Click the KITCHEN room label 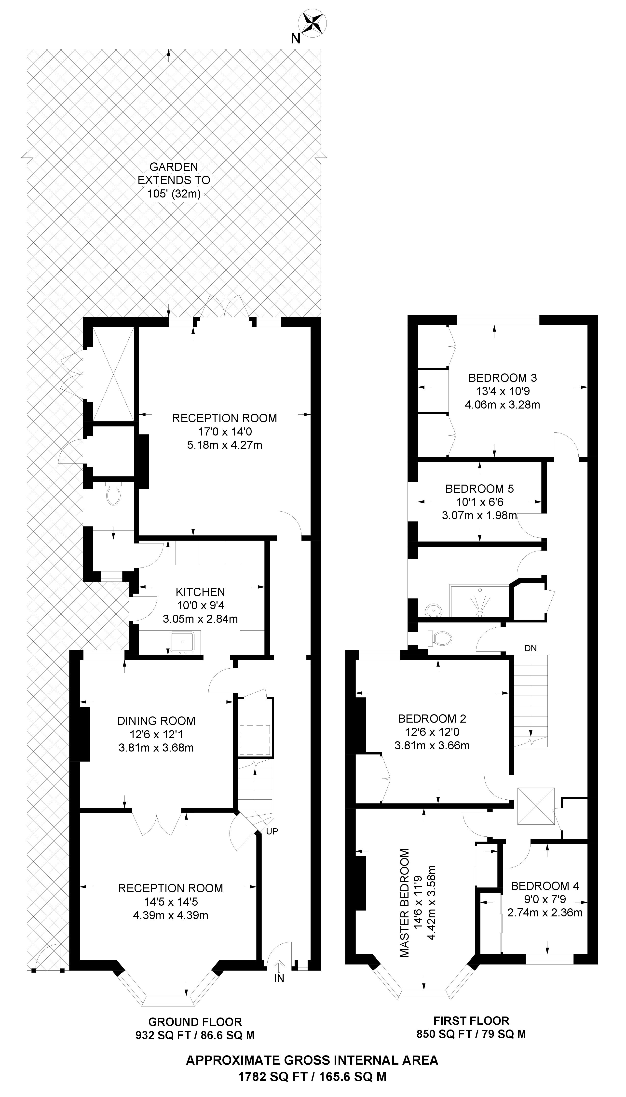pos(200,592)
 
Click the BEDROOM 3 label pos(503,378)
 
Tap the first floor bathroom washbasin pos(433,609)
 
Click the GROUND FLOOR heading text pos(195,1022)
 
